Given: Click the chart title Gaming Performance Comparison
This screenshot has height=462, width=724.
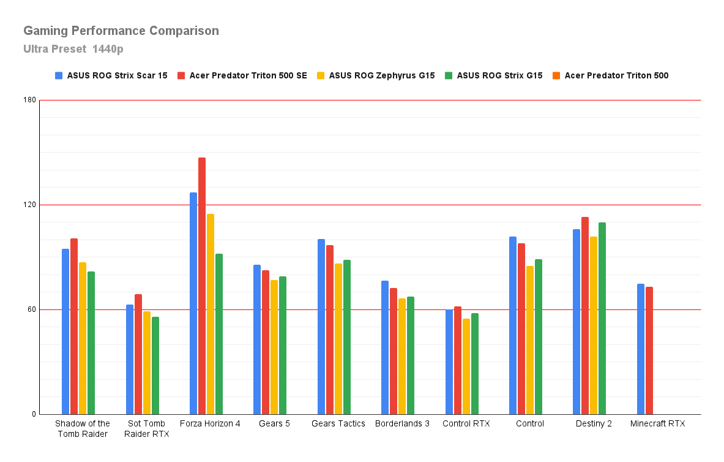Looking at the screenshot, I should click(121, 31).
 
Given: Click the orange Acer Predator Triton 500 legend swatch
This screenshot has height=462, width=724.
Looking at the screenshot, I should click(556, 76).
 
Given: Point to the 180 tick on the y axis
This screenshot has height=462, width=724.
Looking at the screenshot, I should click(30, 100).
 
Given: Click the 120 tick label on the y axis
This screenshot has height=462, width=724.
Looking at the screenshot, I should click(30, 205).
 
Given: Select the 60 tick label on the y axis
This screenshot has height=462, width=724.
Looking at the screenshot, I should click(32, 309).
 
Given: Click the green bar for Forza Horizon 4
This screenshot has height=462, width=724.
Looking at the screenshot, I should click(219, 334).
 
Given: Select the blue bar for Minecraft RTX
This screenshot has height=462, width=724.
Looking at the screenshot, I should click(640, 349).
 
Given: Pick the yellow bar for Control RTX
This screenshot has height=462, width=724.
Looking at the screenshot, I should click(466, 366).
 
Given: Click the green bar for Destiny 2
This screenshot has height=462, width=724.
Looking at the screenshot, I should click(602, 318).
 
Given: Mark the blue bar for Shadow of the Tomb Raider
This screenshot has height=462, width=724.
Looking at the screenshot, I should click(65, 331).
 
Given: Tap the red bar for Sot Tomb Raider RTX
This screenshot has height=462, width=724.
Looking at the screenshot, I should click(138, 354).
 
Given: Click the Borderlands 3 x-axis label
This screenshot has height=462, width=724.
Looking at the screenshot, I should click(402, 423).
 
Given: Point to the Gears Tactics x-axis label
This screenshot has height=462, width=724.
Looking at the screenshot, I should click(338, 423).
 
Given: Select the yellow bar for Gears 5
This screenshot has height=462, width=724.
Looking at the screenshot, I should click(274, 347).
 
